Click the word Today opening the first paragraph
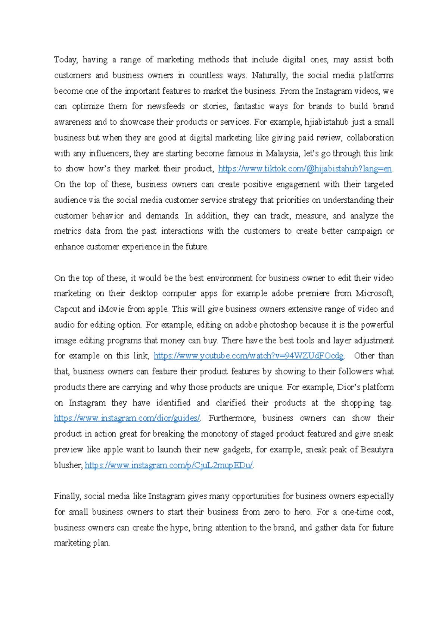[65, 60]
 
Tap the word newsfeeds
[166, 106]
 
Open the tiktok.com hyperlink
[305, 169]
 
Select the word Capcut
[67, 309]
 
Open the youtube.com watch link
[249, 356]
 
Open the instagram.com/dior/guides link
[127, 418]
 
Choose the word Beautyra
[377, 450]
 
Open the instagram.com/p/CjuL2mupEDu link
[169, 465]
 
